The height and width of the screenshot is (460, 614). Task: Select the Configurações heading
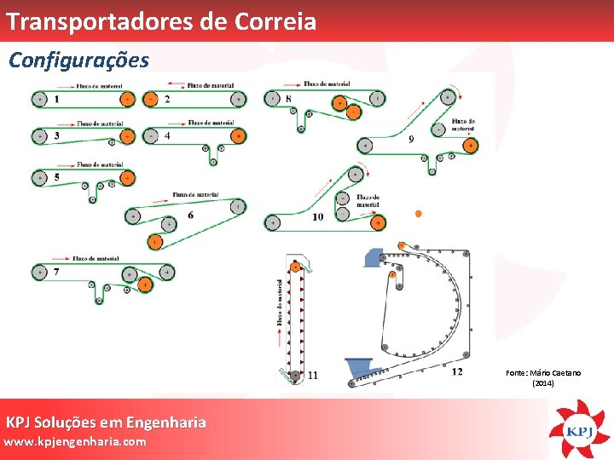(x=78, y=60)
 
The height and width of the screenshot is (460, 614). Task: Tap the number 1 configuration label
(x=56, y=100)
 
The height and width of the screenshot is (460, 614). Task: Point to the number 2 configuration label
(x=167, y=100)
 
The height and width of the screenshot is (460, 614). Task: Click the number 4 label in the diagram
(x=167, y=135)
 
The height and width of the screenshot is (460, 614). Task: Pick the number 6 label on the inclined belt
(x=190, y=215)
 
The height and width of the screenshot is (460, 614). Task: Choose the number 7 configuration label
(x=56, y=273)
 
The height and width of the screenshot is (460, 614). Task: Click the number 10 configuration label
(x=317, y=216)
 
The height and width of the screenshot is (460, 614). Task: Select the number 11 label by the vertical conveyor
(x=313, y=375)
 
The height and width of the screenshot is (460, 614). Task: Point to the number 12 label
(x=457, y=370)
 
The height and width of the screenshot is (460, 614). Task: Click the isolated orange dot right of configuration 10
(x=418, y=214)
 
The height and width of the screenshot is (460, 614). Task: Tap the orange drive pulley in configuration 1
(x=127, y=100)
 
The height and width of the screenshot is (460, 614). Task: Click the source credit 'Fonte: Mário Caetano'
(x=543, y=373)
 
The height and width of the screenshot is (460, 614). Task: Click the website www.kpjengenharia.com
(x=75, y=442)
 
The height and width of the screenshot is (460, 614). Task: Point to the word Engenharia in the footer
(x=165, y=423)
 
